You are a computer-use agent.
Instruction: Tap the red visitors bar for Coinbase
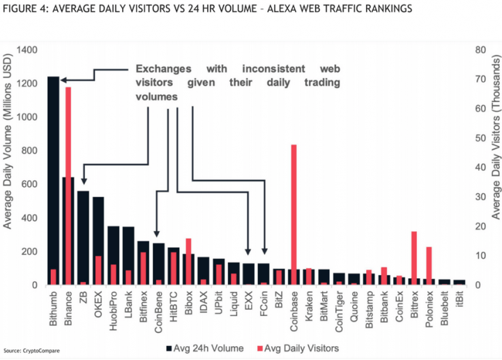[294, 209]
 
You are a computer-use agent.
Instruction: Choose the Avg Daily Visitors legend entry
[298, 347]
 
